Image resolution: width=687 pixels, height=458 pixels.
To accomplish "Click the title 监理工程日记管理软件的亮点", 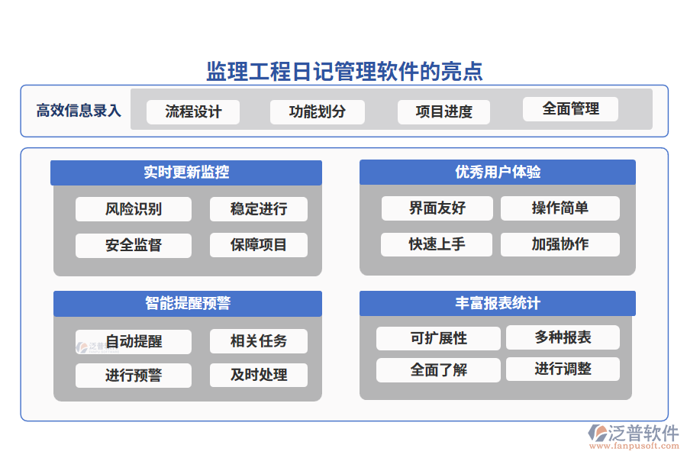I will pyautogui.click(x=344, y=71).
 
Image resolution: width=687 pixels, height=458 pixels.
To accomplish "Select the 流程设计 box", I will pyautogui.click(x=193, y=111).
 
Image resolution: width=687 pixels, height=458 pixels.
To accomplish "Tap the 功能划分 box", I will pyautogui.click(x=317, y=111).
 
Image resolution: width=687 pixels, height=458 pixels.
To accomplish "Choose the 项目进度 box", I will pyautogui.click(x=443, y=111).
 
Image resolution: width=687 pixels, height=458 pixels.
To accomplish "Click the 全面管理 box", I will pyautogui.click(x=570, y=108).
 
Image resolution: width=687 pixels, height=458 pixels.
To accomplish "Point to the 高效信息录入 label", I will pyautogui.click(x=79, y=111).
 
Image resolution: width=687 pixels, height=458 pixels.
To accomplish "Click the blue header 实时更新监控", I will pyautogui.click(x=187, y=173).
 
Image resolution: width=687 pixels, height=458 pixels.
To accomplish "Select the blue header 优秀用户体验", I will pyautogui.click(x=498, y=172).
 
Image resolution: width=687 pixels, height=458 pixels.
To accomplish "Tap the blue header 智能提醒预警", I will pyautogui.click(x=187, y=303).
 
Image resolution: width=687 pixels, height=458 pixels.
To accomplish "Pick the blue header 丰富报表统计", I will pyautogui.click(x=498, y=303).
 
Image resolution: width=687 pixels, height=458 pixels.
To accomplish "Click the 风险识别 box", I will pyautogui.click(x=134, y=208).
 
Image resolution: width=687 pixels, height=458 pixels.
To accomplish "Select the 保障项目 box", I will pyautogui.click(x=259, y=245).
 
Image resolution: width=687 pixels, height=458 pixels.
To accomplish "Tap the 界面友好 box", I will pyautogui.click(x=437, y=208).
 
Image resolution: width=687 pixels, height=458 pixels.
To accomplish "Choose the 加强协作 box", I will pyautogui.click(x=560, y=244).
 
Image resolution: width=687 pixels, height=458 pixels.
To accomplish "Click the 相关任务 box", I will pyautogui.click(x=259, y=340).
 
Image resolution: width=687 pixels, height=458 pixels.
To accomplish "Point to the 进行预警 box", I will pyautogui.click(x=134, y=376).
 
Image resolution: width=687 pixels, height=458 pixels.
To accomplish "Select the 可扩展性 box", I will pyautogui.click(x=438, y=338).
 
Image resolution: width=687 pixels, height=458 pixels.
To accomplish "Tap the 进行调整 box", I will pyautogui.click(x=563, y=369).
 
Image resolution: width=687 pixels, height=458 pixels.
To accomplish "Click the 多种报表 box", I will pyautogui.click(x=563, y=337).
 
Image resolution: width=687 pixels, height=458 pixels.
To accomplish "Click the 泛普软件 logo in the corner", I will pyautogui.click(x=634, y=436).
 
